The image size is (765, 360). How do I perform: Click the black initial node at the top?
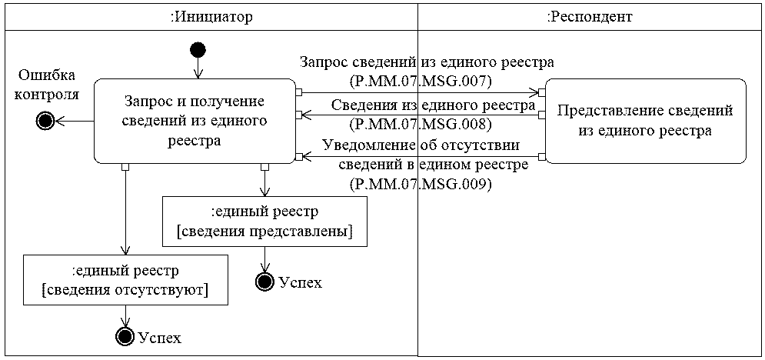point(198,49)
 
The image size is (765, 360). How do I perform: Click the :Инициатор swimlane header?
point(211,17)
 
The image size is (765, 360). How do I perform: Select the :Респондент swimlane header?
point(590,17)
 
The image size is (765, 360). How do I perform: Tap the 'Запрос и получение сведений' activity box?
point(195,121)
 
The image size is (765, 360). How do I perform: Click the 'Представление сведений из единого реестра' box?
point(646,121)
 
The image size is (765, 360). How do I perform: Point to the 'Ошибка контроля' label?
point(46,84)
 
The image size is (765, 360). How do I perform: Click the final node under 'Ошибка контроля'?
point(45,121)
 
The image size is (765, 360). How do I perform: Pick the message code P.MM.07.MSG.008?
point(421,124)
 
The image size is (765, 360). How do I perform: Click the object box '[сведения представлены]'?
point(264,222)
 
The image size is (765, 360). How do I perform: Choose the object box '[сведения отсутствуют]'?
point(126,281)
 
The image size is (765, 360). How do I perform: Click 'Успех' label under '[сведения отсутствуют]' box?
point(160,338)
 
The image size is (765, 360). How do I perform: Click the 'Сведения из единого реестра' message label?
point(433,105)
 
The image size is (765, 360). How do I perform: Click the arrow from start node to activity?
point(198,68)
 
